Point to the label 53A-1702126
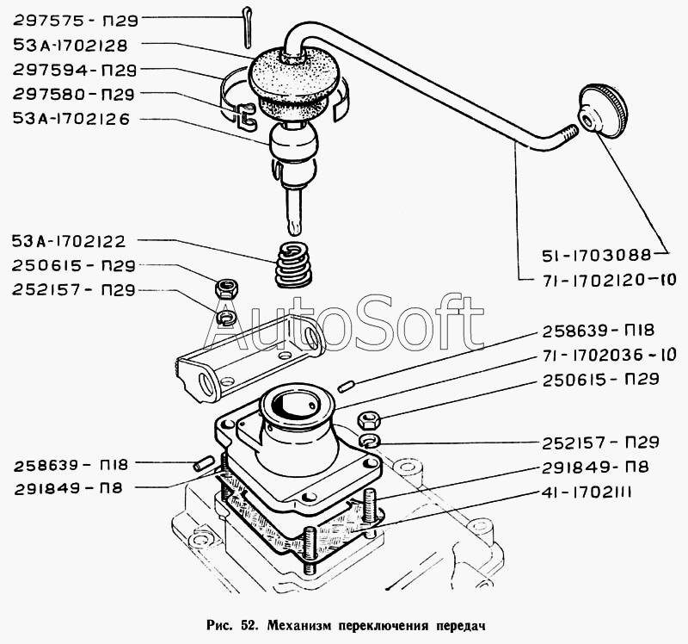coord(71,120)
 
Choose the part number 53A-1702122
coord(71,242)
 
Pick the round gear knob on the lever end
coord(603,110)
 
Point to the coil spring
coord(293,266)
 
